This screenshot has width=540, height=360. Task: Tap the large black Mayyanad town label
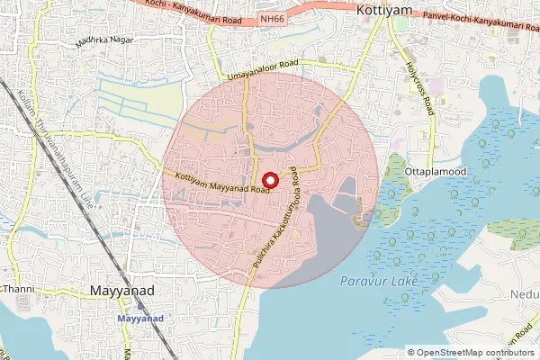pos(124,291)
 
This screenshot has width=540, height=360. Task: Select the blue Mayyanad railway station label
pos(143,318)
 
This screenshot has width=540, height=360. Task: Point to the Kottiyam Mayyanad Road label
pos(224,183)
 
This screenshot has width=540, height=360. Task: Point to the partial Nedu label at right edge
pos(526,292)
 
